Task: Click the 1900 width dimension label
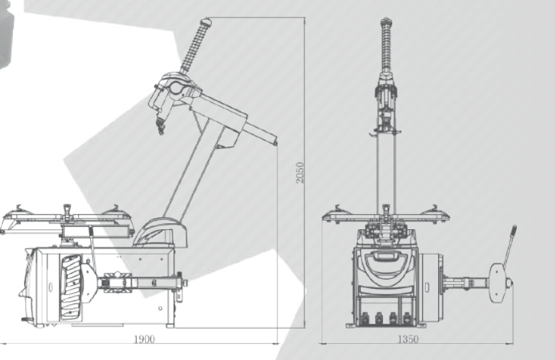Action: pos(144,339)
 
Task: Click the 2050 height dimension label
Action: pos(300,173)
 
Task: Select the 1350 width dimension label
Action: pos(408,339)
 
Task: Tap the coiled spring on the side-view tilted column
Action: pos(193,49)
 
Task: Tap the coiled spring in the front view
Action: pos(387,47)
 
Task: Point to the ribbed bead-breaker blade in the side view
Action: pos(72,287)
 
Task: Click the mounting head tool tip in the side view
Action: pos(161,127)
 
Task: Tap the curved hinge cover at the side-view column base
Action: pos(161,232)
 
